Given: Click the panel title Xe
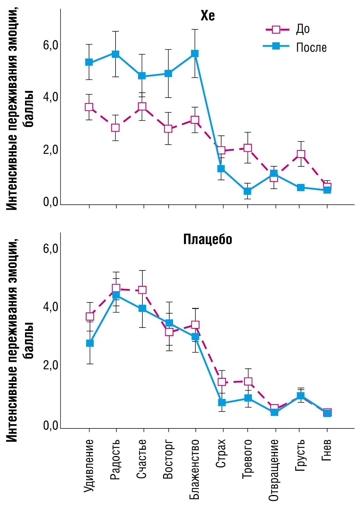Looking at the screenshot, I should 207,16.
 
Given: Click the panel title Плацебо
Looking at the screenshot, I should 208,240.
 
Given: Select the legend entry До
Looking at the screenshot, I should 303,29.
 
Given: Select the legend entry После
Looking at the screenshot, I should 311,47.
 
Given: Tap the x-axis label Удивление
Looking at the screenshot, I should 89,465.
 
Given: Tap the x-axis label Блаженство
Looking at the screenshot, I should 195,469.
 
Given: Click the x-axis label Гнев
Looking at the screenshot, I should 327,450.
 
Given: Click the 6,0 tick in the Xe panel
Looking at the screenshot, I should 51,46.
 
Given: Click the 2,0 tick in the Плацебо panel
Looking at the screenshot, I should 51,365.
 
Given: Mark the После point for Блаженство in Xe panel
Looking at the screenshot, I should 195,54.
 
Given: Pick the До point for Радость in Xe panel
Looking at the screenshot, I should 116,128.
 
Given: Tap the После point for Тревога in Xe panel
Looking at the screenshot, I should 247,191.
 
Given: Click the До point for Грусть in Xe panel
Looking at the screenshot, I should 301,154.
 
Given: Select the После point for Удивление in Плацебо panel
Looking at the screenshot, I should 90,343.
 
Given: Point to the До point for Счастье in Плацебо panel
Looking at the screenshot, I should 142,290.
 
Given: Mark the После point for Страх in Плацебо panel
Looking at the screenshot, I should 222,403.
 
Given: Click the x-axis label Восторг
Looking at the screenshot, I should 168,459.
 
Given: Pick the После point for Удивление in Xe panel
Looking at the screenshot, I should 89,62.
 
